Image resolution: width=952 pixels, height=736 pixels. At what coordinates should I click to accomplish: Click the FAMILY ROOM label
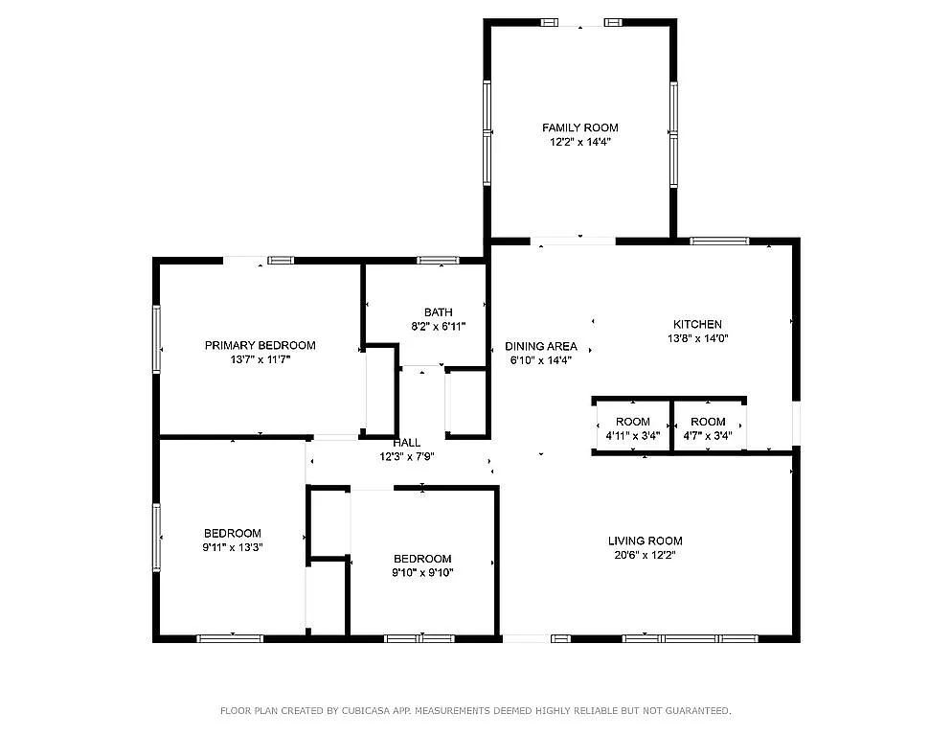coord(579,127)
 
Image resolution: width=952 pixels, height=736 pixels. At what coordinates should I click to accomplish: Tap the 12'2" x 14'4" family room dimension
coord(579,142)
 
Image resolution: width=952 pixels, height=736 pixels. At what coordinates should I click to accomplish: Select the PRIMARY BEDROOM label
coord(260,345)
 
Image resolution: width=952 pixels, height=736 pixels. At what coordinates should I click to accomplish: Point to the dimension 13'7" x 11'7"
coord(260,359)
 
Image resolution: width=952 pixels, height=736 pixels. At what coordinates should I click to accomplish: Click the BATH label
coord(438,311)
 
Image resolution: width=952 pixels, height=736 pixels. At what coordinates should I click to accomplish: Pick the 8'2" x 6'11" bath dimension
coord(438,326)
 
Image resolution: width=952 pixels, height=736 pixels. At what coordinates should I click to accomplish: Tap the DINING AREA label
coord(541,346)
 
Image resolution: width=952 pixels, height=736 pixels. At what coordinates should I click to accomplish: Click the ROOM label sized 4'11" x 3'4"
coord(632,422)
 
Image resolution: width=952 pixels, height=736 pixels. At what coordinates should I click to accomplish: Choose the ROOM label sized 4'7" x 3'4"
coord(708,422)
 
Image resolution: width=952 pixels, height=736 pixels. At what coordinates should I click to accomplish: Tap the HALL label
coord(406,443)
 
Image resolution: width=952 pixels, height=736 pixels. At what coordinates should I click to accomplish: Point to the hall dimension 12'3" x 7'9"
coord(406,456)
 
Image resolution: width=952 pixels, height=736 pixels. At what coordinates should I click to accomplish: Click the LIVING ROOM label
coord(645,540)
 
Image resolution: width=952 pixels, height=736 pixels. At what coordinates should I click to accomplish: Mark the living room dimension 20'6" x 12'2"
coord(645,555)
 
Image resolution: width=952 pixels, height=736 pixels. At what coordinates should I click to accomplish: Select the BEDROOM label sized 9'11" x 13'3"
coord(232,533)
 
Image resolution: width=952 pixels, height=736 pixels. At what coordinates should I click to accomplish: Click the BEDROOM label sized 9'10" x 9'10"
coord(422,559)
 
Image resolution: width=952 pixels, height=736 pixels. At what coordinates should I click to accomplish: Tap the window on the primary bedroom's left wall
coord(157,337)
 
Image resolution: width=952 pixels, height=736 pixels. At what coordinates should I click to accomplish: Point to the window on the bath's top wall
coord(438,260)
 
